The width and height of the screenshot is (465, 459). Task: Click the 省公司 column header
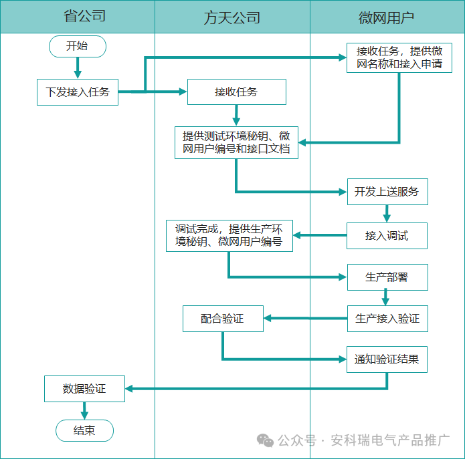tap(78, 17)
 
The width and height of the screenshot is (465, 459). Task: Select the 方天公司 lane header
tap(232, 17)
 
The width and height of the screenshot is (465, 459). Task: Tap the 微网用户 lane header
tap(387, 17)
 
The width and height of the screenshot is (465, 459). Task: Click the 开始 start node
tap(77, 46)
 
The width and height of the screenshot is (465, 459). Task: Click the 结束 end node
tap(84, 430)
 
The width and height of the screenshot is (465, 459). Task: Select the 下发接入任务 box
tap(78, 92)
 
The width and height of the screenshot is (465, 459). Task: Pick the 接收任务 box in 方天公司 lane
tap(236, 92)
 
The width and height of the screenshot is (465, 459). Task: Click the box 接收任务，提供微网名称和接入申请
tap(399, 58)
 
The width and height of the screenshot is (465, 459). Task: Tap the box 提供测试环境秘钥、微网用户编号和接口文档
tap(236, 142)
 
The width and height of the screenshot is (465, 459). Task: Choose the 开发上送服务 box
tap(387, 192)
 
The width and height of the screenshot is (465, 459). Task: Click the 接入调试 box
tap(387, 235)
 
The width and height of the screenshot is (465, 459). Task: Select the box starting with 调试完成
tap(229, 235)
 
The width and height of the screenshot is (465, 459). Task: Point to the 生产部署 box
tap(387, 277)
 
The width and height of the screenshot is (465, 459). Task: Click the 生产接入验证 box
tap(387, 319)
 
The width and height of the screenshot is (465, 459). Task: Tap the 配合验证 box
tap(223, 319)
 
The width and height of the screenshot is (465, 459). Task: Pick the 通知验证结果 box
tap(387, 359)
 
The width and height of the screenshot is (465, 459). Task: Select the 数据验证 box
tap(84, 388)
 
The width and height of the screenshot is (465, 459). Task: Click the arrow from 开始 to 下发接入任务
tap(78, 67)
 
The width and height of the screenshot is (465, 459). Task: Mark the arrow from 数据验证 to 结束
tap(84, 410)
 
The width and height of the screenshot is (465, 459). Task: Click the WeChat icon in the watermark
tap(266, 441)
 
